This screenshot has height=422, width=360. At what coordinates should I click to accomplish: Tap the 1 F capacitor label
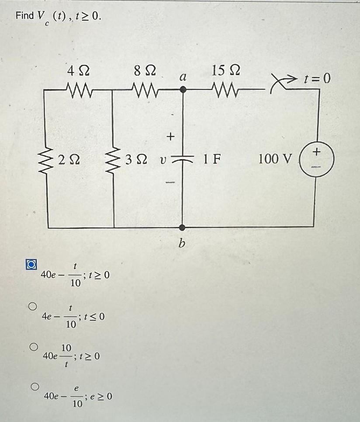point(211,159)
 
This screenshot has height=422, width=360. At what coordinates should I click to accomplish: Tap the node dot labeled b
point(183,227)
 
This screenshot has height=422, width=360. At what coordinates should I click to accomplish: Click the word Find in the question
point(24,16)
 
